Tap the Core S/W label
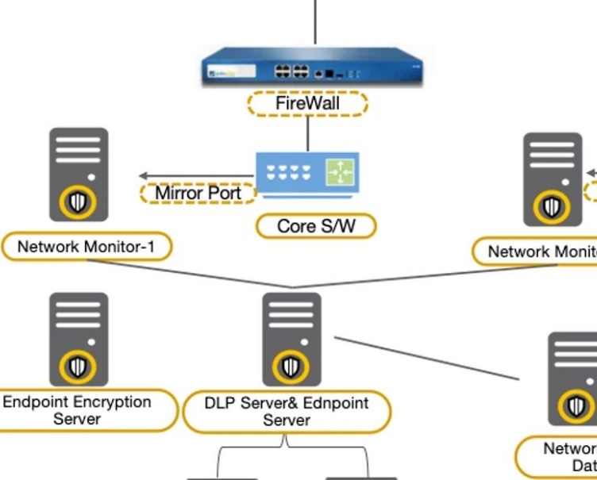315,226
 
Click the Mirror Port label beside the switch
198,193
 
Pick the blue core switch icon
307,171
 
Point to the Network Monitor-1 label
86,247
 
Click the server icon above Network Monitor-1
79,175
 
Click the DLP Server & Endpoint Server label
287,411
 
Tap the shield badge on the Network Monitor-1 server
77,203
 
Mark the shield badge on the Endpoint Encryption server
78,367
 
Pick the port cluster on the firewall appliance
291,71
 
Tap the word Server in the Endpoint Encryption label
77,419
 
